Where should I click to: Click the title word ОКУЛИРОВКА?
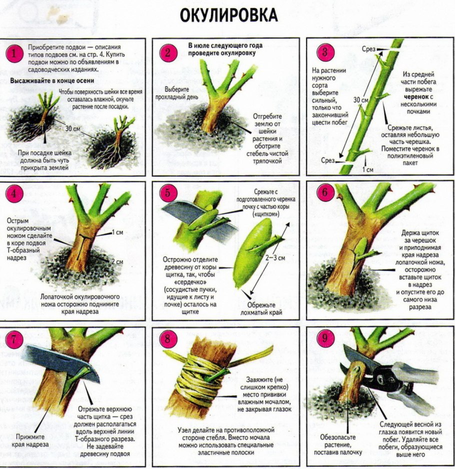228,15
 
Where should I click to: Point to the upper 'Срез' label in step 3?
369,48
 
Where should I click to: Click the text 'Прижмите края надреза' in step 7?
32,440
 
